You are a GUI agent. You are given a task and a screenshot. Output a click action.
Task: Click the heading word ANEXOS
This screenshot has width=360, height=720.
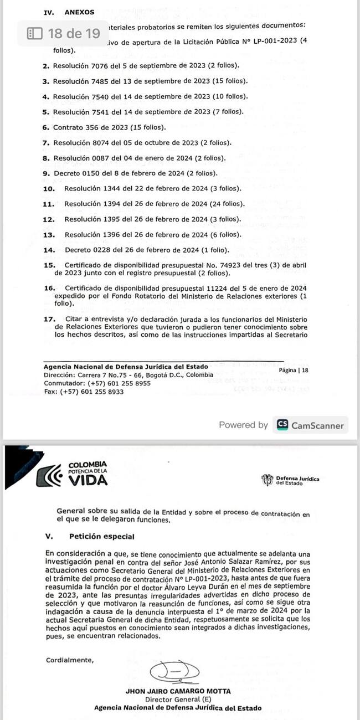[79, 12]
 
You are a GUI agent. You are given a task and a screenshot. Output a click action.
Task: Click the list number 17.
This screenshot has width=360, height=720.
[49, 319]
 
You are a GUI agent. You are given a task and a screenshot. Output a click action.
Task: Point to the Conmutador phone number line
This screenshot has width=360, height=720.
[97, 383]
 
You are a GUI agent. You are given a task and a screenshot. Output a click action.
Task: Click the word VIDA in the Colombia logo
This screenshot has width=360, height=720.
[87, 480]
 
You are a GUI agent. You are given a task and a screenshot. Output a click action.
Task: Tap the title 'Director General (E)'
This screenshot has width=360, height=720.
[177, 700]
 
